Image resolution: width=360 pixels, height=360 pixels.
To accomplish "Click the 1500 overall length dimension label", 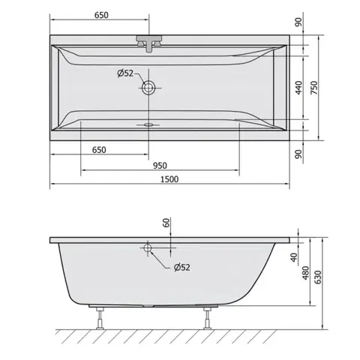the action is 169,179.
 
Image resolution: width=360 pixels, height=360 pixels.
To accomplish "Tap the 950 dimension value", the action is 160,166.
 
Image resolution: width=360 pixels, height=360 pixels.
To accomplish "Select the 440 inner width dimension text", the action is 298,88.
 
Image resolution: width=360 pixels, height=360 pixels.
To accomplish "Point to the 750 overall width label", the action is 314,88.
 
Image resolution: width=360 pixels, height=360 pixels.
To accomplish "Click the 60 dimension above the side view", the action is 166,223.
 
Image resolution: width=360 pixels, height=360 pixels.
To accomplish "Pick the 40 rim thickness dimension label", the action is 294,257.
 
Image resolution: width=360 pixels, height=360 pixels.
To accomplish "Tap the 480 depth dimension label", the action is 305,273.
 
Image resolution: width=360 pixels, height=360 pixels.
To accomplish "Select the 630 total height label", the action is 317,277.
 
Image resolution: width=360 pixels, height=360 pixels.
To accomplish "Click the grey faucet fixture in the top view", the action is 149,43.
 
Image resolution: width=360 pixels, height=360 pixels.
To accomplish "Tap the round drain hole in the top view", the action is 148,88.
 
